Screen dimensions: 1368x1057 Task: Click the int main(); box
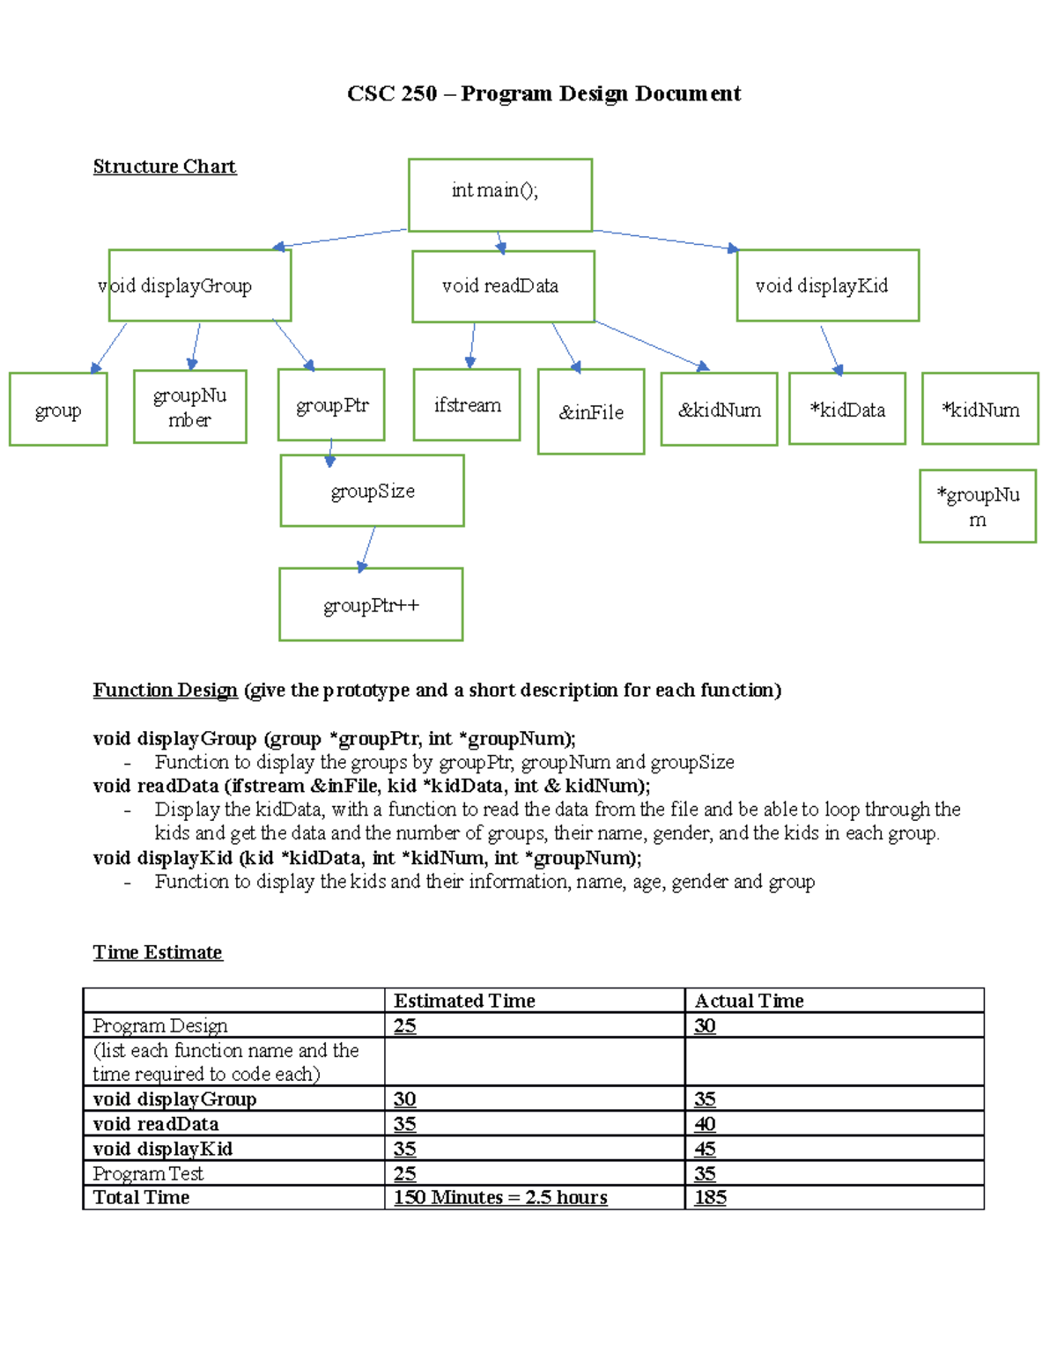pos(499,195)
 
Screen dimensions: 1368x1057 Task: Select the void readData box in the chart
pos(503,286)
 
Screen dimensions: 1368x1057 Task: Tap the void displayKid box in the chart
pos(827,285)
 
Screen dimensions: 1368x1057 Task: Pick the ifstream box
pos(467,404)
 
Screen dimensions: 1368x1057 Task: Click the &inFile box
pos(591,411)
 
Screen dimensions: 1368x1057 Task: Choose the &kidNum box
pos(719,410)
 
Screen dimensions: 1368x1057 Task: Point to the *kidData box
pos(846,409)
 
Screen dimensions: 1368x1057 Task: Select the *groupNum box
pos(978,506)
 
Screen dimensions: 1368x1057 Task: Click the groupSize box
pos(372,491)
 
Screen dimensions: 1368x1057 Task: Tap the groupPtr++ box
pos(371,604)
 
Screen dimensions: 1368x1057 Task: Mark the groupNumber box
pos(189,406)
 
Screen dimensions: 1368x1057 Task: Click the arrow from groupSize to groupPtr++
pos(367,548)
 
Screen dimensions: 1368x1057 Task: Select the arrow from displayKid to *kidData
pos(831,350)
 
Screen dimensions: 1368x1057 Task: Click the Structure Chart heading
pos(165,166)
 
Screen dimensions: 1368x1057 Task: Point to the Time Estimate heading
pos(158,952)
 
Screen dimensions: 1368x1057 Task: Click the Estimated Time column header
pos(464,1001)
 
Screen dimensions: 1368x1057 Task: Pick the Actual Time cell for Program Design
pos(705,1025)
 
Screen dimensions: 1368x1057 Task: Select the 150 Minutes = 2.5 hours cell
pos(500,1197)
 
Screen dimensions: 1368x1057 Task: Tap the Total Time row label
pos(141,1197)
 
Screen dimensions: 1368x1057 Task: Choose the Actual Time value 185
pos(710,1197)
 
